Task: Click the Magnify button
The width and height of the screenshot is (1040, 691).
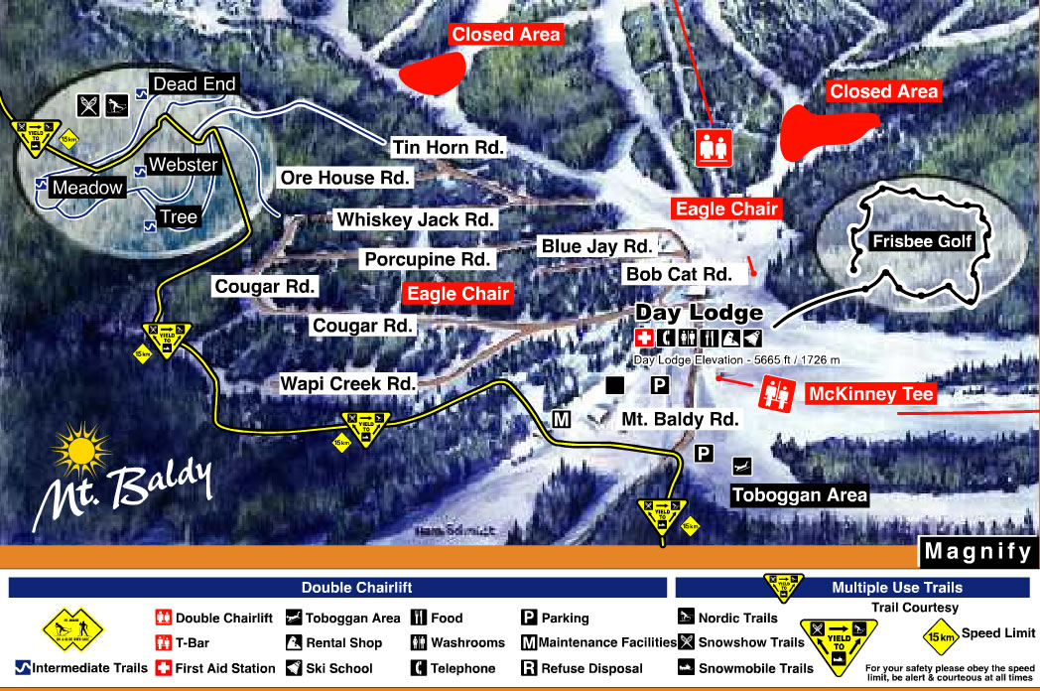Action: coord(976,551)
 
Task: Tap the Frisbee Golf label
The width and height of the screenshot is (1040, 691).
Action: coord(906,241)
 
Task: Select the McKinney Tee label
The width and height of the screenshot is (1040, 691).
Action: coord(871,394)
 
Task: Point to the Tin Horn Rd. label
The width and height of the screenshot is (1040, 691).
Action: coord(449,148)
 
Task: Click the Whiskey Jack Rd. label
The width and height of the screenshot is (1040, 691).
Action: coord(416,218)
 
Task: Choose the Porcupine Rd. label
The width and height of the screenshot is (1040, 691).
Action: coord(427,259)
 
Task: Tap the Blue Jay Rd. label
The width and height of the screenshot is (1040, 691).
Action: coord(595,245)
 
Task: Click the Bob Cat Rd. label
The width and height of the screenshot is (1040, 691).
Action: coord(679,273)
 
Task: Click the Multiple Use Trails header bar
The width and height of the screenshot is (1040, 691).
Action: coord(854,588)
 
